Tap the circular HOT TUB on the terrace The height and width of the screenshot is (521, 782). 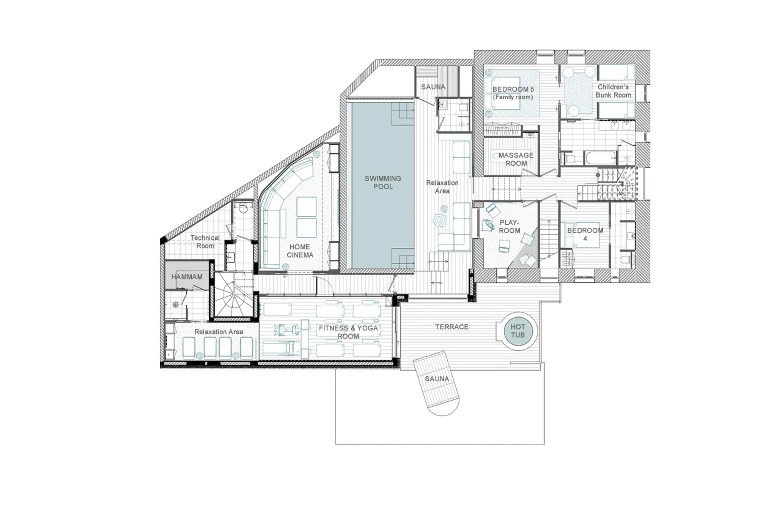tap(517, 331)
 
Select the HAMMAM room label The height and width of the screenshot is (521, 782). tap(187, 277)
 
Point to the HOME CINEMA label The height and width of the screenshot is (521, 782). tap(300, 251)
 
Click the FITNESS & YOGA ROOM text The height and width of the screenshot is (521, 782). tap(348, 332)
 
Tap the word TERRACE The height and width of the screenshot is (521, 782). tap(452, 327)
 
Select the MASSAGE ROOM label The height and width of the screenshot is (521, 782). tap(516, 159)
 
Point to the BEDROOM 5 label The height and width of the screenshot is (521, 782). tap(513, 93)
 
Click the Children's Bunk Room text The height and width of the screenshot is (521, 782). tap(613, 91)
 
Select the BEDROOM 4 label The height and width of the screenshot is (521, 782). tap(585, 234)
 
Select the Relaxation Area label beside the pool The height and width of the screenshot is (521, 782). tap(442, 187)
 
